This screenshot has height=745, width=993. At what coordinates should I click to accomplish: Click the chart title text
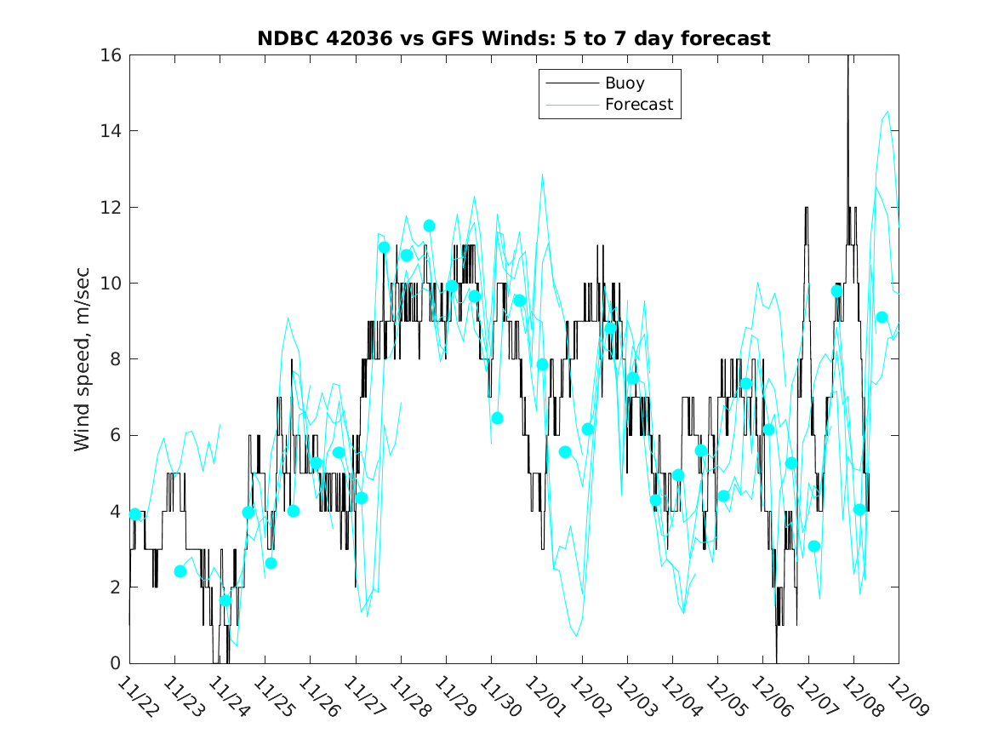[x=514, y=38]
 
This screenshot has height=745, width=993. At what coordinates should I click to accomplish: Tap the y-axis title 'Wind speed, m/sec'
[x=83, y=359]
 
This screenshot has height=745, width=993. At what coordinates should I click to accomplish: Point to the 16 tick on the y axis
[x=111, y=55]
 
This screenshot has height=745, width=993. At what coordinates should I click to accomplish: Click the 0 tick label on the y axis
[x=116, y=663]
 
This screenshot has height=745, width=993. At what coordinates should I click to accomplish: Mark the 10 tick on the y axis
[x=111, y=284]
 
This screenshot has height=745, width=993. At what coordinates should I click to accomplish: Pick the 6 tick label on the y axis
[x=116, y=435]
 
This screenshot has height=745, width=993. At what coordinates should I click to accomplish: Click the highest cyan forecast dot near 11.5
[x=429, y=226]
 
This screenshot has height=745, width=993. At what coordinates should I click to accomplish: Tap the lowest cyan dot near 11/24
[x=225, y=600]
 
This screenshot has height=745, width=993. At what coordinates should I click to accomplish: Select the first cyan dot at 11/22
[x=134, y=514]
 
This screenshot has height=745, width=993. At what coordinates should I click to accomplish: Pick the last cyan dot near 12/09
[x=882, y=318]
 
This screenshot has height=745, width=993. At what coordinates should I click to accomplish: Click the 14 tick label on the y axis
[x=111, y=131]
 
